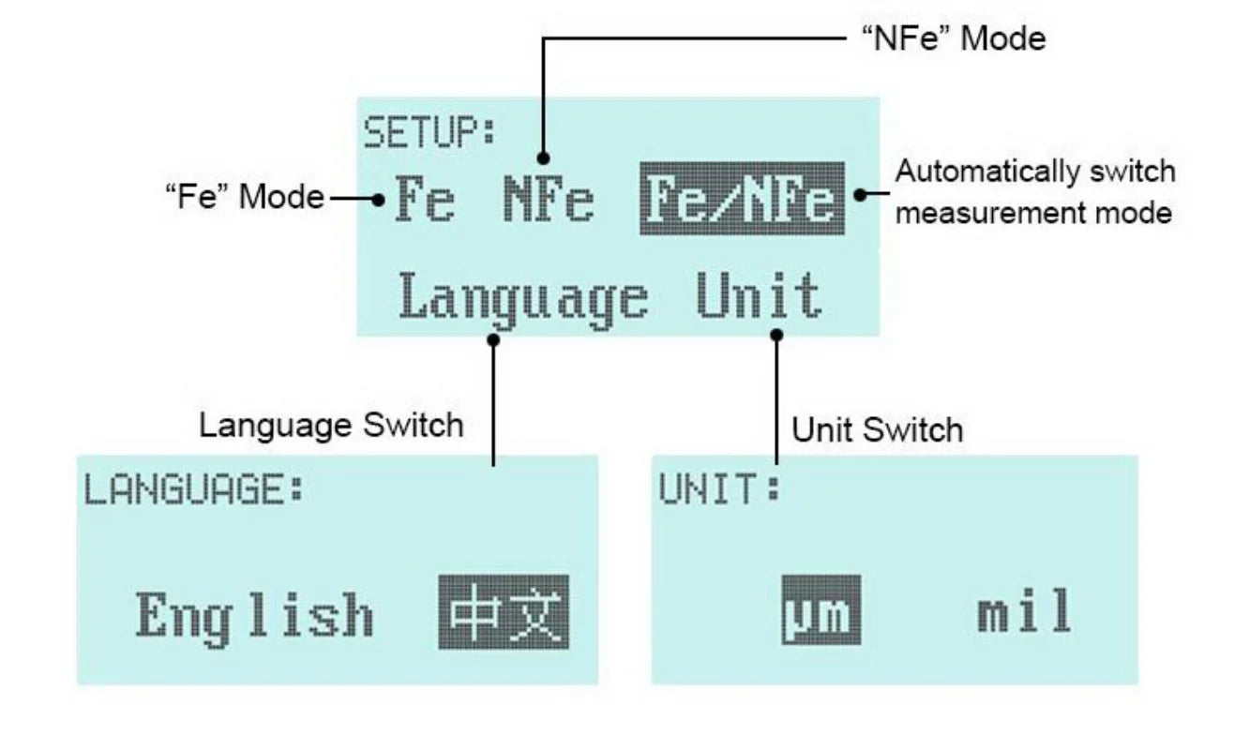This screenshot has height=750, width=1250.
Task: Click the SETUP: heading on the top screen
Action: point(429,133)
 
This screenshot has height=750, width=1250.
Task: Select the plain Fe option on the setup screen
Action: point(424,199)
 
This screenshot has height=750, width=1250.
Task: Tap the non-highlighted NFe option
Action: point(549,199)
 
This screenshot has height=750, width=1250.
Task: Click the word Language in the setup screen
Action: point(523,298)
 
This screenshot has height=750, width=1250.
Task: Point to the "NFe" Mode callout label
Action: point(952,38)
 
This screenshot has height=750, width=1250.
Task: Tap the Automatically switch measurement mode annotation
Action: point(1033,192)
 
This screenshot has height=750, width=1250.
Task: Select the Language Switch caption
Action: point(331,426)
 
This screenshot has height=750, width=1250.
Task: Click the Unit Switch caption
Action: point(877,430)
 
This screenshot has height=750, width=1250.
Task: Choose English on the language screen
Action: point(254,616)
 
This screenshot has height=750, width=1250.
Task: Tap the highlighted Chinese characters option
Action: point(503,612)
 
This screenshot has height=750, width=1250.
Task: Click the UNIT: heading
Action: point(718,490)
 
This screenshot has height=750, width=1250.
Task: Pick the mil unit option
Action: point(1023,612)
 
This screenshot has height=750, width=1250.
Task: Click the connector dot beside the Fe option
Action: point(378,199)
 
